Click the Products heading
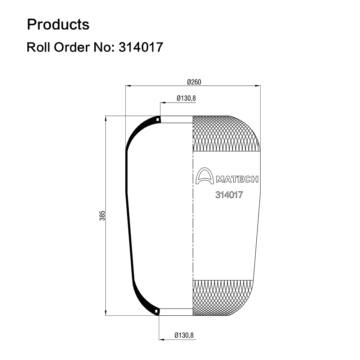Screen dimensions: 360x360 pos(58,24)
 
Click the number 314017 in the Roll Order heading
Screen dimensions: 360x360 pos(141,47)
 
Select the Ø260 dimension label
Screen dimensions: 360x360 pos(194,82)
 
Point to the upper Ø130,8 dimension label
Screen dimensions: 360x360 pos(186,98)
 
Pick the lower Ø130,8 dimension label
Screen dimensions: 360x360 pos(184,335)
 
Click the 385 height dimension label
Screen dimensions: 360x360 pos(102,216)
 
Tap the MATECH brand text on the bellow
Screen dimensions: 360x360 pos(237,179)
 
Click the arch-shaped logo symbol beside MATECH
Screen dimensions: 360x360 pos(204,176)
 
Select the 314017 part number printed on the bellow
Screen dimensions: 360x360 pos(229,195)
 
